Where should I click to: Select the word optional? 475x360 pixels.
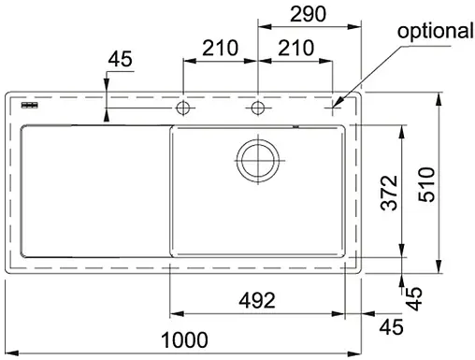tap(435, 31)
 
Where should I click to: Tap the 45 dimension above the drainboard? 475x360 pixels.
tap(121, 60)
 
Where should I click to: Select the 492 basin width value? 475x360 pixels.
tap(254, 301)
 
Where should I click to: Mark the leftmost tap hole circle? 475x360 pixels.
tap(183, 108)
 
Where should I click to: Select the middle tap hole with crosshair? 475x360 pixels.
tap(256, 108)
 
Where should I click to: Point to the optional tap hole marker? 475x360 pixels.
tap(331, 109)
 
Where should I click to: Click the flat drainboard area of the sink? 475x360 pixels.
tap(89, 192)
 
